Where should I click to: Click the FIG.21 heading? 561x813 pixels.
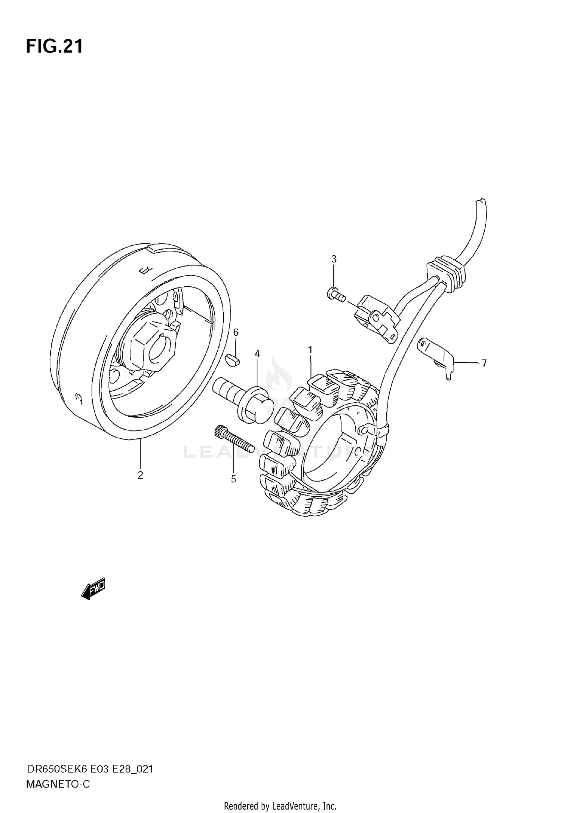54,47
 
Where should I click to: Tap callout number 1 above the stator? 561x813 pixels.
310,350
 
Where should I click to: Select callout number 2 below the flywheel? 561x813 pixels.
140,475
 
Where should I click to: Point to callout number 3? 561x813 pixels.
334,259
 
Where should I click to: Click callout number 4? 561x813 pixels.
257,354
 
